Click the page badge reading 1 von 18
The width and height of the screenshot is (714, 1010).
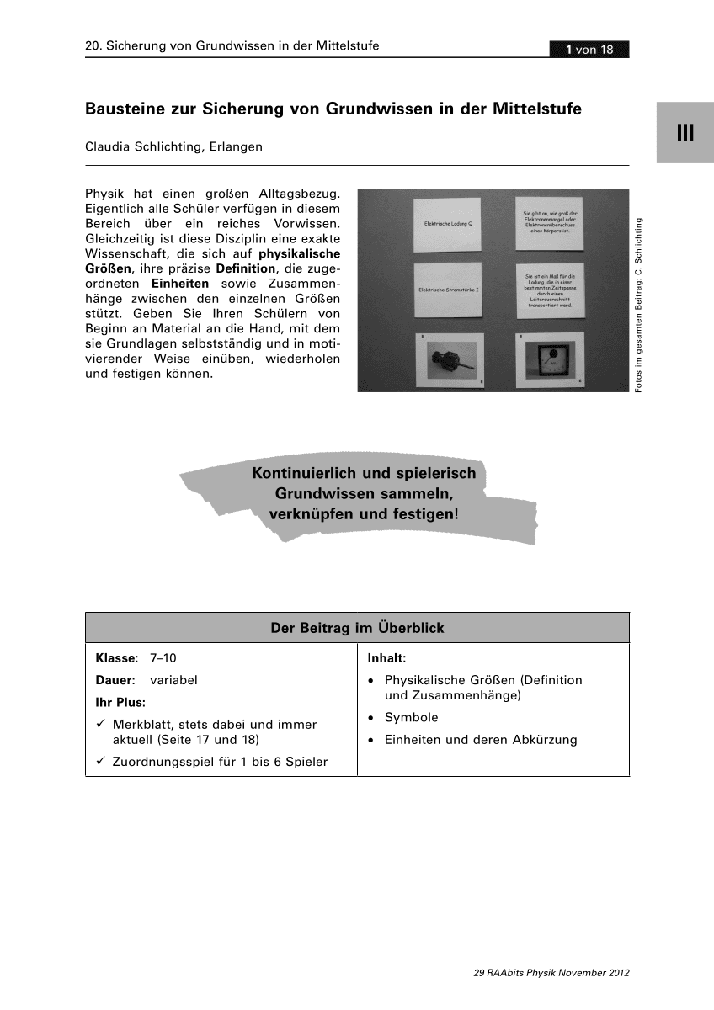tap(589, 50)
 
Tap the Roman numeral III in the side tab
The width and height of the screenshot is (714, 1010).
tap(685, 133)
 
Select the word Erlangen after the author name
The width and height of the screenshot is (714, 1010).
tap(236, 146)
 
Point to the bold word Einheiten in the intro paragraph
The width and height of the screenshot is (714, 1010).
tap(180, 284)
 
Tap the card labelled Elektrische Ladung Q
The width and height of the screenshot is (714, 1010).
tap(447, 225)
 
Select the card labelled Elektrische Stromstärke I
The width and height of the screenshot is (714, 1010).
tap(447, 291)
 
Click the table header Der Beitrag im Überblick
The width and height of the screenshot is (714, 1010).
tap(357, 628)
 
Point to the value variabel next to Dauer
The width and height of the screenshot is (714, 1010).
tap(173, 679)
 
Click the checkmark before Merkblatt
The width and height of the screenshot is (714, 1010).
tap(100, 724)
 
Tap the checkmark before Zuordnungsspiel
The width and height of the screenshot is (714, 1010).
tap(100, 762)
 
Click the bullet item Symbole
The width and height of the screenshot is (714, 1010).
tap(411, 718)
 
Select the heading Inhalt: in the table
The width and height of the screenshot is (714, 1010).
tap(388, 657)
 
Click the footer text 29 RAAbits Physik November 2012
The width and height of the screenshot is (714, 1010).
tap(551, 972)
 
